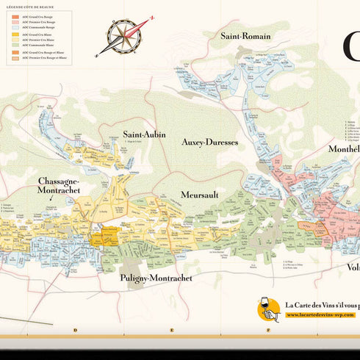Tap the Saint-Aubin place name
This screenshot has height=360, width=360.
tap(144, 134)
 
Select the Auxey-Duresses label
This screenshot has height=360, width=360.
tap(210, 142)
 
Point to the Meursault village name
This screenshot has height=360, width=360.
tap(200, 195)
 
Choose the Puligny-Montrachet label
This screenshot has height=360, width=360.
tap(156, 278)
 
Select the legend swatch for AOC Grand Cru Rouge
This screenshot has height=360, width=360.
tap(15, 15)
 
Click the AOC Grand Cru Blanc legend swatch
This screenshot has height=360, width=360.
tap(15, 34)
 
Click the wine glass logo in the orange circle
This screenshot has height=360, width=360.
tap(269, 309)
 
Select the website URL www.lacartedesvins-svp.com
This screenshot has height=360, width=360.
tap(320, 315)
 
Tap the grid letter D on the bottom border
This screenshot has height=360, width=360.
tap(75, 330)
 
